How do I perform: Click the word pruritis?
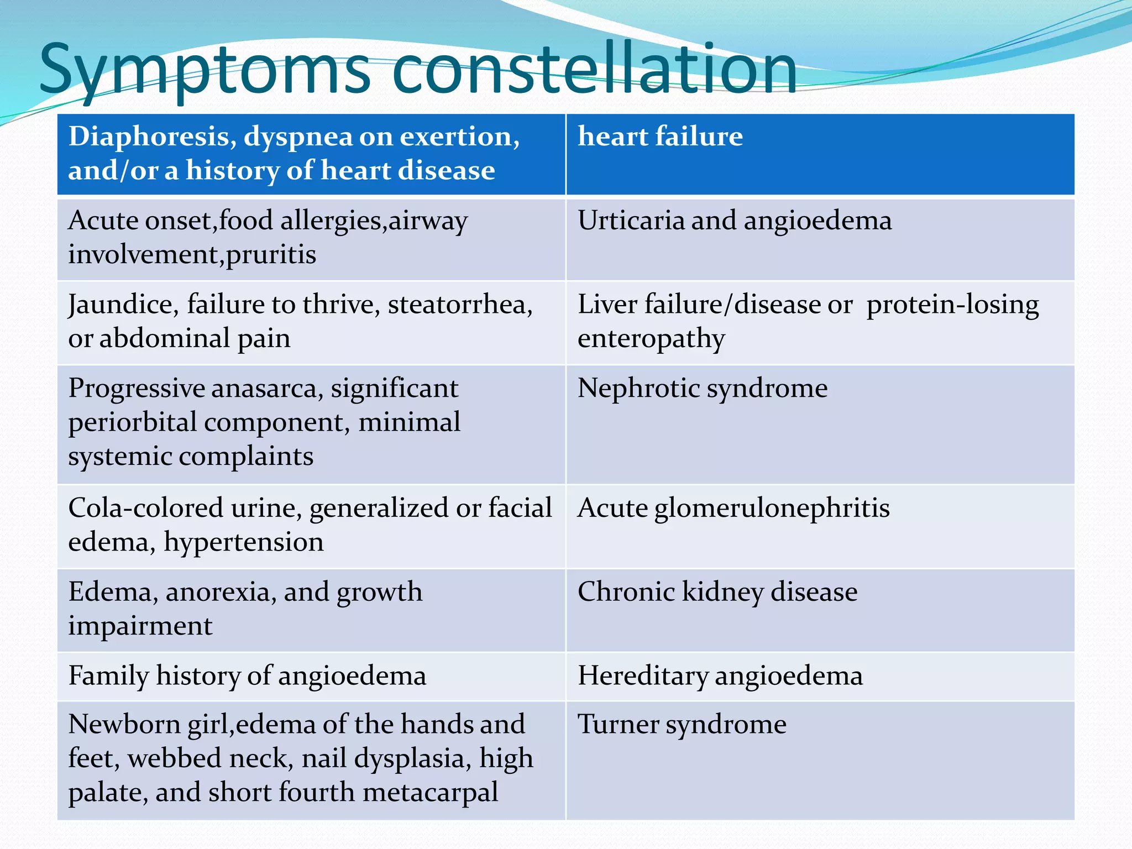tap(271, 255)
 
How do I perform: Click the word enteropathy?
tap(651, 339)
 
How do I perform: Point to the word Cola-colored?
tap(145, 507)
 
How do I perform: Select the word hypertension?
tap(243, 542)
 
